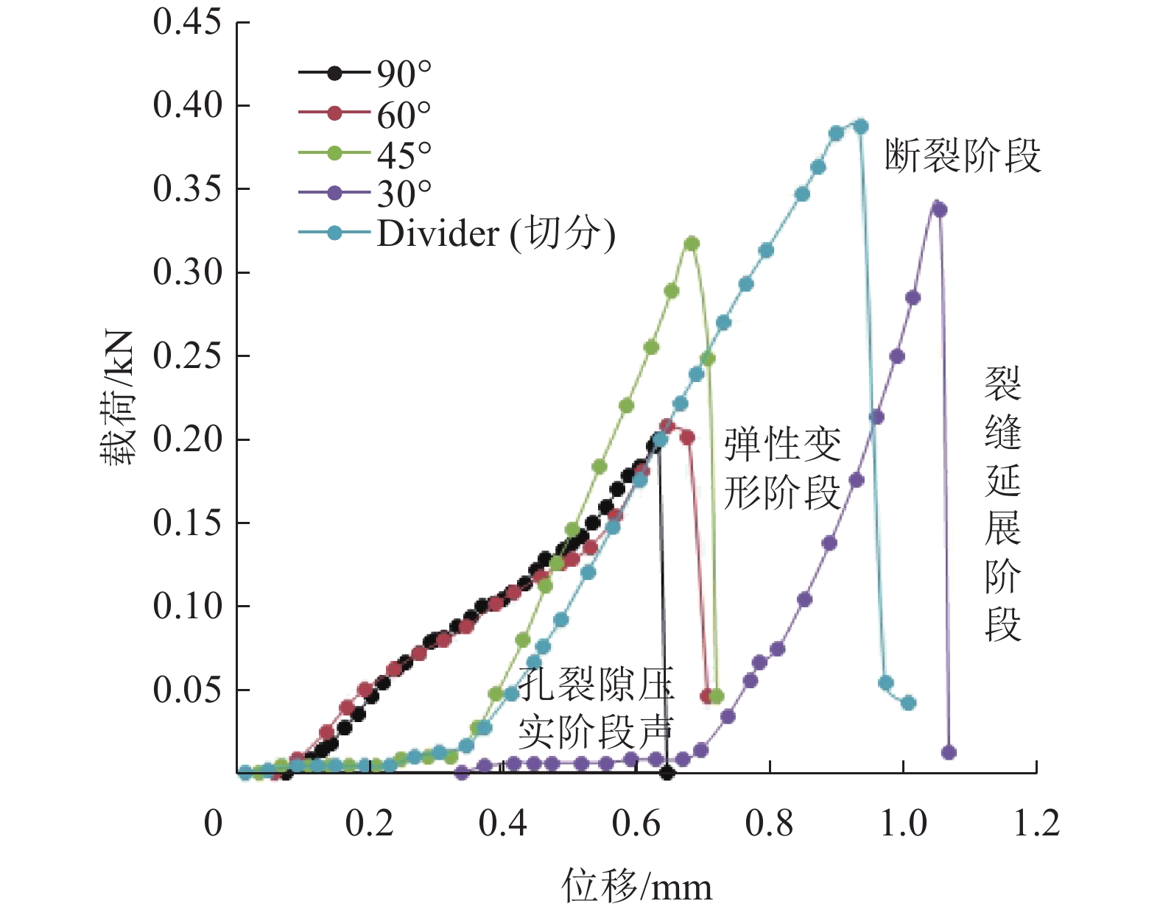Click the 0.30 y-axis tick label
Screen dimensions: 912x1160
[187, 272]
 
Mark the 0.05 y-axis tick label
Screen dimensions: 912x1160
[187, 690]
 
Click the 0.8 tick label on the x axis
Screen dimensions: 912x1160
[769, 823]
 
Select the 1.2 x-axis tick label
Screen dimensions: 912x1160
[1036, 823]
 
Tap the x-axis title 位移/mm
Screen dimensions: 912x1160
[637, 886]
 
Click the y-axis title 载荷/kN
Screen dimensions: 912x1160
[118, 397]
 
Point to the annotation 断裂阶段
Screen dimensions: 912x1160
[963, 156]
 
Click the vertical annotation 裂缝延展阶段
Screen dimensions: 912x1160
[1003, 504]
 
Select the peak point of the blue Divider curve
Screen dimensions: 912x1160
[860, 126]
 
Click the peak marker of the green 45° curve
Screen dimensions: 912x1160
[691, 244]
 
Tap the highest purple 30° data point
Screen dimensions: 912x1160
[938, 210]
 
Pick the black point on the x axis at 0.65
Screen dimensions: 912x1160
[667, 773]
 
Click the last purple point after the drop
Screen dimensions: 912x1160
[949, 752]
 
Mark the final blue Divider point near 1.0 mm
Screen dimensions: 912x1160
[908, 703]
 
